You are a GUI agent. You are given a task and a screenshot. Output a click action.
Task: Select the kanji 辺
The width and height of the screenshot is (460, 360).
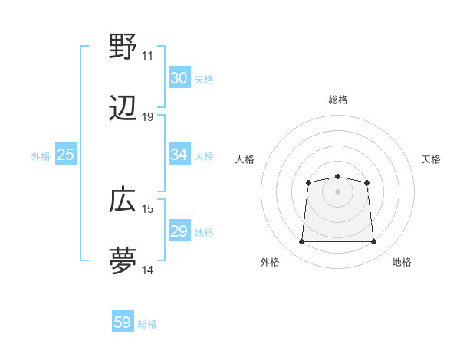(123, 109)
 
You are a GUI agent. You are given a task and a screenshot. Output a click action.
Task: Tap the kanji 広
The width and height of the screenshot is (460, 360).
(123, 201)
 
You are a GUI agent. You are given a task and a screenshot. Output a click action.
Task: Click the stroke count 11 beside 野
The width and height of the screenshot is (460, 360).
(148, 56)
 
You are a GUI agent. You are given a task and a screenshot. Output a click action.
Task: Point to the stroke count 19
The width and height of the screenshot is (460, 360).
(148, 117)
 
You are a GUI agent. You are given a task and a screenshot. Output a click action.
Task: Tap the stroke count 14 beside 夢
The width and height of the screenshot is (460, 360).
(148, 270)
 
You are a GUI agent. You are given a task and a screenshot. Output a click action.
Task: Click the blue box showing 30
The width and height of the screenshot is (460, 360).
(179, 78)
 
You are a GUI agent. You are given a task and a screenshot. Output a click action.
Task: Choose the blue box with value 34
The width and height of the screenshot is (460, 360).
(179, 155)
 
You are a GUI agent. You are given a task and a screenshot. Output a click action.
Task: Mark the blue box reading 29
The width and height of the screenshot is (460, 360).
(179, 231)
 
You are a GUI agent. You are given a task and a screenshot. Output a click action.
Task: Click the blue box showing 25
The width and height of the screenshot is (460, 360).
(65, 155)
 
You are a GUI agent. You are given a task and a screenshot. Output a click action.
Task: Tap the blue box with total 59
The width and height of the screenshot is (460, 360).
(123, 322)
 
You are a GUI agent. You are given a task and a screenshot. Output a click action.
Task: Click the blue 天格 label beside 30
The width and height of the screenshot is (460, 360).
(204, 79)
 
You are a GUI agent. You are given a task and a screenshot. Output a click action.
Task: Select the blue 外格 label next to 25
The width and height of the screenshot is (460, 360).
(41, 155)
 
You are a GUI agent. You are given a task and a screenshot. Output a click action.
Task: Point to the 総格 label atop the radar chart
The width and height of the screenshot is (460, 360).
(338, 100)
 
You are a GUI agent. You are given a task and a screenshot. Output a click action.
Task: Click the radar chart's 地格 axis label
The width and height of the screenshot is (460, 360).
(402, 263)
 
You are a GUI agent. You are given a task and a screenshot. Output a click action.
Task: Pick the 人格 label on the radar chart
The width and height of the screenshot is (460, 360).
(245, 159)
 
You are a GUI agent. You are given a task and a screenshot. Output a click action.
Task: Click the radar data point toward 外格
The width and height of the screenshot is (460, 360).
(301, 242)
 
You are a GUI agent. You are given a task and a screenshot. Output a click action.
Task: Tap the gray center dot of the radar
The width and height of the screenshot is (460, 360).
(337, 191)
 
